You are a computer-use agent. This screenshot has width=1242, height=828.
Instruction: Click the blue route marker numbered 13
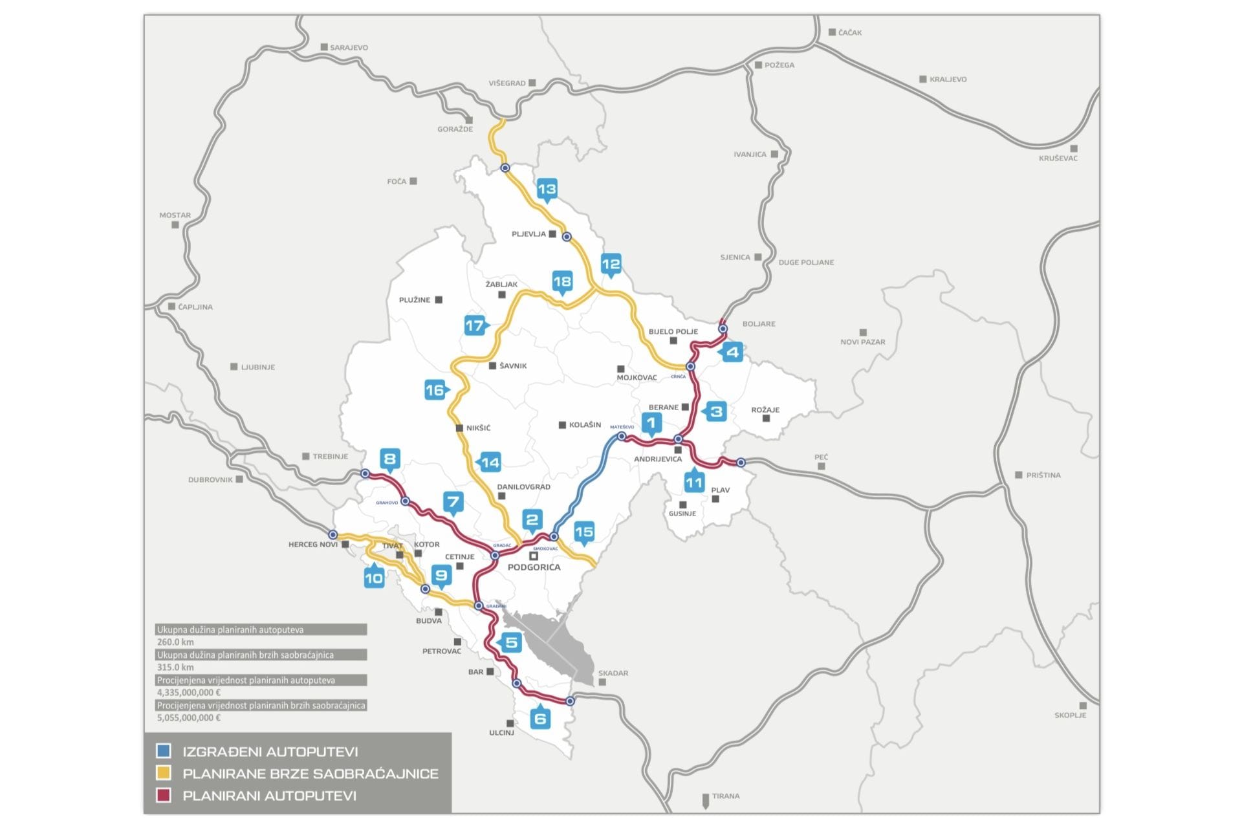click(x=547, y=189)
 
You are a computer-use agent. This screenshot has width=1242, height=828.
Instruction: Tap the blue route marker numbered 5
click(x=511, y=642)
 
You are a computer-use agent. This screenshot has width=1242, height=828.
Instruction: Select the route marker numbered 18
click(x=561, y=281)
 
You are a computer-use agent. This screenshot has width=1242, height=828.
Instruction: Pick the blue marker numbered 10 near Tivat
click(x=374, y=578)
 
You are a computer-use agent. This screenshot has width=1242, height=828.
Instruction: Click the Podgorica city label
click(x=534, y=567)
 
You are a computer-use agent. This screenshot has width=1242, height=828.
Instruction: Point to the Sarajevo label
click(x=349, y=47)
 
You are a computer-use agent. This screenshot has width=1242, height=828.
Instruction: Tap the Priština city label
click(x=1043, y=475)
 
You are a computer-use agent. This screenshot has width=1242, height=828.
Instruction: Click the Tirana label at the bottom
click(x=725, y=796)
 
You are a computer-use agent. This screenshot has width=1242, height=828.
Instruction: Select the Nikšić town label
click(x=478, y=428)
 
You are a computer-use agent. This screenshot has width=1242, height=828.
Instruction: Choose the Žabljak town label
click(x=501, y=284)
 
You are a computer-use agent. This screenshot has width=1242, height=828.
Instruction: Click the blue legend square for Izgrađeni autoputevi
click(x=164, y=751)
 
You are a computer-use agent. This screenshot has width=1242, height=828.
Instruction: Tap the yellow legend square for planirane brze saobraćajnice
click(x=164, y=773)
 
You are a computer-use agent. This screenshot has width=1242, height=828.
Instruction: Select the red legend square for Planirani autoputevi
click(x=164, y=796)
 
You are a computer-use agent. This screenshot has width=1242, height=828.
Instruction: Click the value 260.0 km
click(x=175, y=642)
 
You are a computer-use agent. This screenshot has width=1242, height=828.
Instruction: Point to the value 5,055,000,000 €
click(x=189, y=717)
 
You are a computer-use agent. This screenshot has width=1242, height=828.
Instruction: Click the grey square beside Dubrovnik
click(x=239, y=479)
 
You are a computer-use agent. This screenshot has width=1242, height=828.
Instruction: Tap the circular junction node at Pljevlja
click(x=567, y=237)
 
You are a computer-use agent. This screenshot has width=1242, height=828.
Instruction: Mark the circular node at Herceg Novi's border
click(x=332, y=535)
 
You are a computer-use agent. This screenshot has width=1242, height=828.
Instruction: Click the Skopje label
click(x=1070, y=715)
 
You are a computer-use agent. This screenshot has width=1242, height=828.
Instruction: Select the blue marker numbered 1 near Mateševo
click(x=651, y=423)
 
